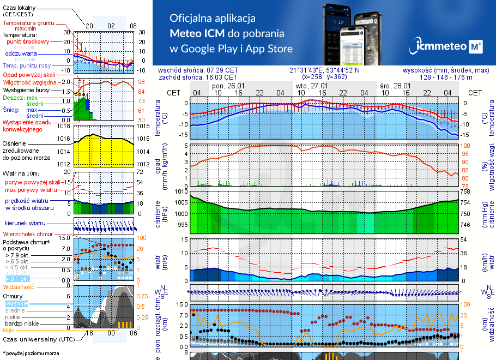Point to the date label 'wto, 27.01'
[312, 86]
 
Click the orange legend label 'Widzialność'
[19, 286]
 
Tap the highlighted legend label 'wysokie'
[16, 303]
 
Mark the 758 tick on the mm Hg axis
[465, 192]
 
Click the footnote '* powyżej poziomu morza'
[30, 353]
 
